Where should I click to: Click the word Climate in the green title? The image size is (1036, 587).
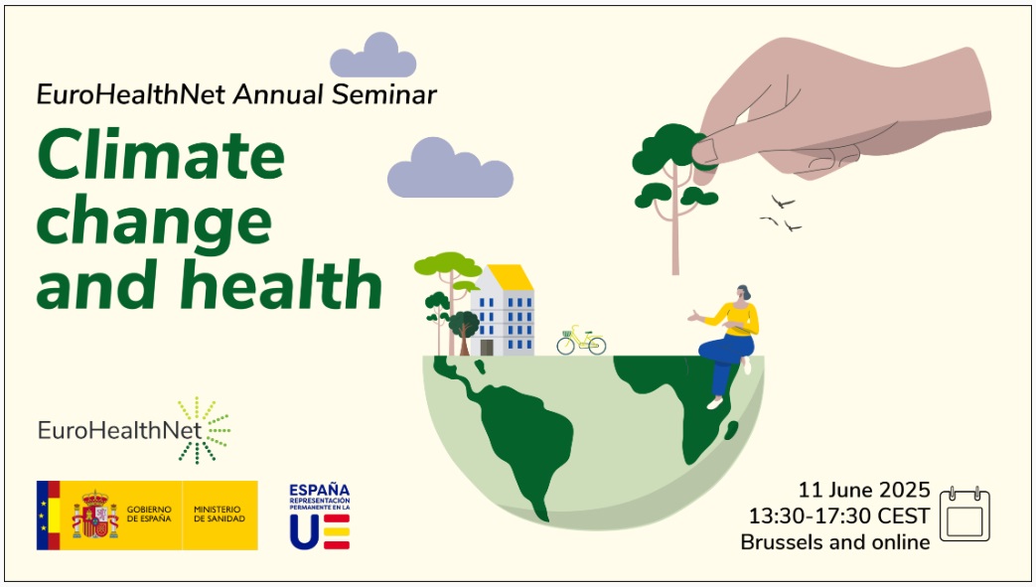(161, 156)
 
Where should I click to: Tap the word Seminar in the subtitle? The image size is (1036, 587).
(388, 95)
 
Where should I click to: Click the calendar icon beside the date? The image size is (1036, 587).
(964, 516)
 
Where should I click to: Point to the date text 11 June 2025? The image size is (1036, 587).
(864, 490)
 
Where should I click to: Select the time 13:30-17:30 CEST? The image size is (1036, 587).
(839, 516)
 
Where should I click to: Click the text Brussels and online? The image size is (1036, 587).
(835, 542)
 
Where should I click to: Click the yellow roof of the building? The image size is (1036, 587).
(510, 277)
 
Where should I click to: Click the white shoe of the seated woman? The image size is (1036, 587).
(714, 403)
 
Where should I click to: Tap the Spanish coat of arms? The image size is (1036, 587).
(95, 514)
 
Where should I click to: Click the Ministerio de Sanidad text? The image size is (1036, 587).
(220, 515)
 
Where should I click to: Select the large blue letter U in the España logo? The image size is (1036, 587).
(304, 532)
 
